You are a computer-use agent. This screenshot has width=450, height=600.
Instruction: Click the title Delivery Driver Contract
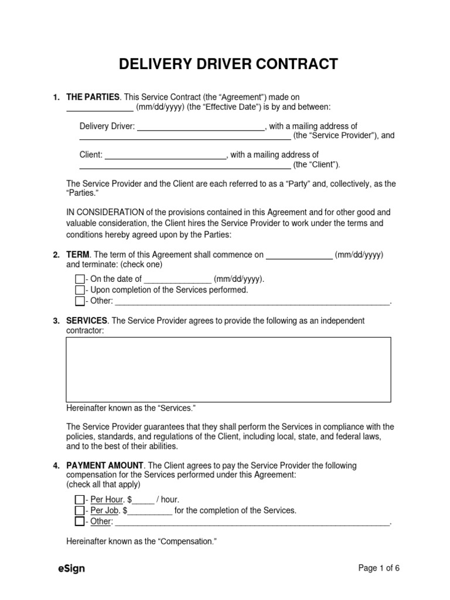point(229,63)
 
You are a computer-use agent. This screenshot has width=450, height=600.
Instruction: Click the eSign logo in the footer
point(71,568)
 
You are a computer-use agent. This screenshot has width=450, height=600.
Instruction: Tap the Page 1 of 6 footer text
point(379,568)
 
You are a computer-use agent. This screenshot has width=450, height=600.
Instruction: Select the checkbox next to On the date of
point(80,279)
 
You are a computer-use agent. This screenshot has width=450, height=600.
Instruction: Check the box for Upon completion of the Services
point(80,290)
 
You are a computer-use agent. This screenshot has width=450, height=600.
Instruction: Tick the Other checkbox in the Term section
point(80,301)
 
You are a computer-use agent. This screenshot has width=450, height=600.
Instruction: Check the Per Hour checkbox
point(80,499)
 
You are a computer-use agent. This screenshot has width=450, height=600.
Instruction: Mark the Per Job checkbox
point(80,510)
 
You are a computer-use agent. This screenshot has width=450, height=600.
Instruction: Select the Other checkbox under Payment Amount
point(80,521)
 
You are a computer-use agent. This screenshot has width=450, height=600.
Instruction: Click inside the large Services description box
point(228,369)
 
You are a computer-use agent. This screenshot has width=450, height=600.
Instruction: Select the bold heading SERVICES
point(87,321)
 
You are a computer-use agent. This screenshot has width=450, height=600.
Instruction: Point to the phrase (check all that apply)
point(103,485)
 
